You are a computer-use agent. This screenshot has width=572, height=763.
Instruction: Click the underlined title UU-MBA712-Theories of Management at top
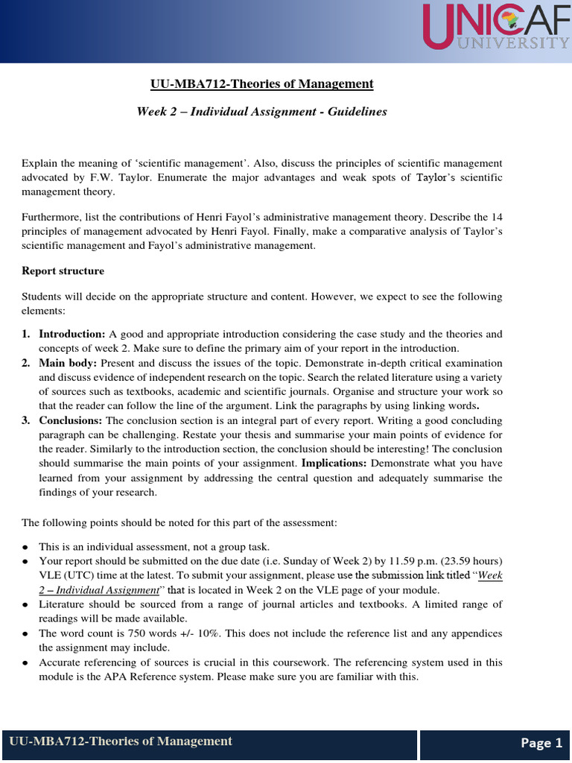[x=261, y=83]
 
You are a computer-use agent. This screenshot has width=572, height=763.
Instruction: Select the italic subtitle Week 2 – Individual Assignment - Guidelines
[x=261, y=111]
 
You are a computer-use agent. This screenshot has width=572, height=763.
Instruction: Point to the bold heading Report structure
[x=63, y=270]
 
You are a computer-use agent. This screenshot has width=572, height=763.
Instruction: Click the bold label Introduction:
[x=72, y=334]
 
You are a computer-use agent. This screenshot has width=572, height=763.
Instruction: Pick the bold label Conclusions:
[x=71, y=421]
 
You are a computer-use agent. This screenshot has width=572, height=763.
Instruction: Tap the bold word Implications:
[x=334, y=463]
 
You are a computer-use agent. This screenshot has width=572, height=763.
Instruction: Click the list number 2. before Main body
[x=25, y=363]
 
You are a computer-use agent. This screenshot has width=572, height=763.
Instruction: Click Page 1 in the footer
[x=541, y=743]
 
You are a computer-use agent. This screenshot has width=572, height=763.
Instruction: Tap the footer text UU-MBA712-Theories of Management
[x=121, y=741]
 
